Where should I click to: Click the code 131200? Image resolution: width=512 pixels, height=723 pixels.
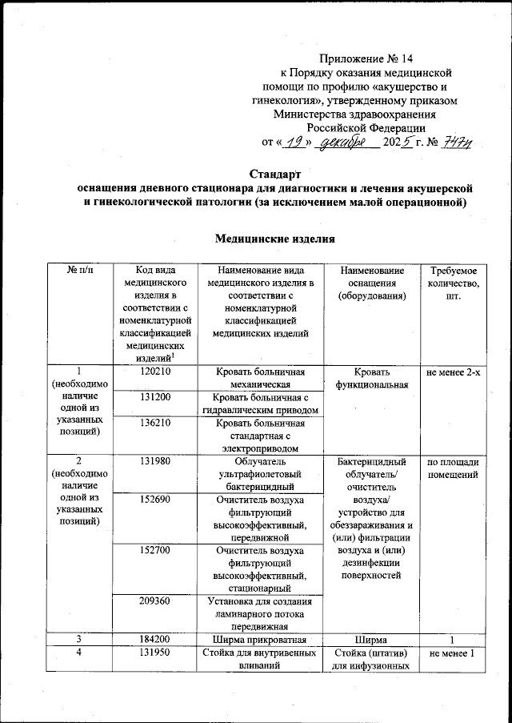point(151,397)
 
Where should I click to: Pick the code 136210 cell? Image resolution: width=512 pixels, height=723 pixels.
point(151,423)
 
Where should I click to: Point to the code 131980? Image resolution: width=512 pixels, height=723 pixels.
point(151,462)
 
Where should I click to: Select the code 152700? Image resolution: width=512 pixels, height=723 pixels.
point(151,552)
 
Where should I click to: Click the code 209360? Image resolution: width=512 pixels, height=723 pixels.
point(151,602)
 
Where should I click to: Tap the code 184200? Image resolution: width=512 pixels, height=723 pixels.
point(151,640)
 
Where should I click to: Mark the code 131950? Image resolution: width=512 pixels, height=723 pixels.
point(151,653)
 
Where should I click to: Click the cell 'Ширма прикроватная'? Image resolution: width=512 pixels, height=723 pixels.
point(262,640)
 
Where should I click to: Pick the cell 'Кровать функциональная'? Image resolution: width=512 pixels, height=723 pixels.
point(374,378)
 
